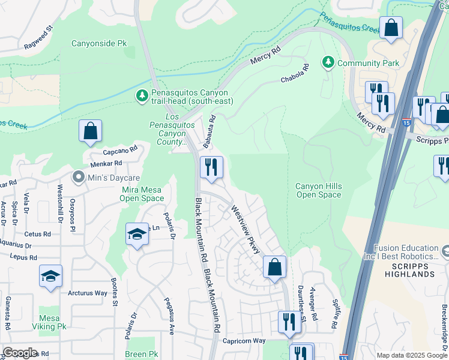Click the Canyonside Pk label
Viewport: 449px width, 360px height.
click(x=100, y=43)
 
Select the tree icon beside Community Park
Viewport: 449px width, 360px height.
click(x=328, y=62)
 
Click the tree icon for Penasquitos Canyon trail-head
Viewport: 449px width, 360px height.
click(x=142, y=97)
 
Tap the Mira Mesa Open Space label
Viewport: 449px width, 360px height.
click(x=142, y=194)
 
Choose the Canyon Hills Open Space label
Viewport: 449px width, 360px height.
click(x=318, y=190)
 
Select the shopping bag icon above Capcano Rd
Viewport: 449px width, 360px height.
click(x=90, y=131)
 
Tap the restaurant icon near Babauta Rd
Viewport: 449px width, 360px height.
click(x=211, y=167)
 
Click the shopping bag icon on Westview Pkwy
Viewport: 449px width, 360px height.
click(x=274, y=267)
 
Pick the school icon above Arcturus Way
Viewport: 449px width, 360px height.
click(x=50, y=276)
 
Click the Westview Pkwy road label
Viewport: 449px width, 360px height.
click(x=246, y=229)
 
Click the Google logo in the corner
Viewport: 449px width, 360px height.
click(x=20, y=352)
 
